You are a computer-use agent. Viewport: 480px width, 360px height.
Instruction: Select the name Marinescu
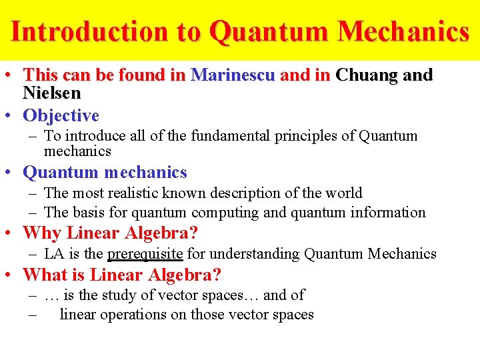pos(233,75)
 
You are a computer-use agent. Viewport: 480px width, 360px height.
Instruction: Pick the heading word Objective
pos(61,115)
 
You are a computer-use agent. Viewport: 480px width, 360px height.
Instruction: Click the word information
pos(387,213)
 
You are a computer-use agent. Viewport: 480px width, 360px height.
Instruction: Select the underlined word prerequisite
pos(145,254)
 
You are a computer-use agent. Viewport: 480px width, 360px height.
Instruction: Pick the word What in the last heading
pos(45,275)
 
